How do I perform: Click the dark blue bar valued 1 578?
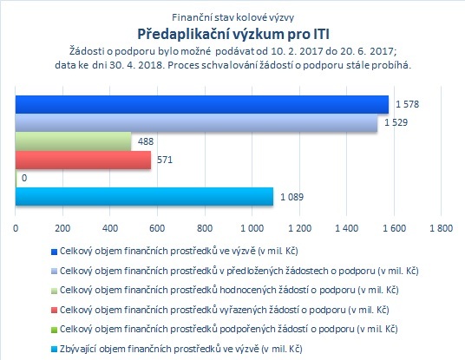[x=202, y=104]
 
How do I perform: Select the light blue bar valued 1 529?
[x=196, y=123]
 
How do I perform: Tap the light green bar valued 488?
[x=73, y=141]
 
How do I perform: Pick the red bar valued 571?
[x=83, y=160]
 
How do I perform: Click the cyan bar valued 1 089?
[x=144, y=196]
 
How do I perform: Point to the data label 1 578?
[x=407, y=104]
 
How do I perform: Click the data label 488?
[x=146, y=141]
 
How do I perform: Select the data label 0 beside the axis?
[x=24, y=178]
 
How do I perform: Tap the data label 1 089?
[x=292, y=197]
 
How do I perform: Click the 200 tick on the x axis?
[x=62, y=228]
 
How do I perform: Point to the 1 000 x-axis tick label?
[x=252, y=228]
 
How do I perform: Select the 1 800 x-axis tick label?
[x=442, y=228]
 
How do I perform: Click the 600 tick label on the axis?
[x=157, y=228]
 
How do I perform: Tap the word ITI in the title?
[x=321, y=34]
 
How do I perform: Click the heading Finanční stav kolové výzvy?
[x=232, y=17]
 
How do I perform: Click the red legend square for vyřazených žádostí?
[x=54, y=311]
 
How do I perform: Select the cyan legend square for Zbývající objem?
[x=54, y=350]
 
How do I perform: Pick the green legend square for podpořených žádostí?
[x=54, y=330]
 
